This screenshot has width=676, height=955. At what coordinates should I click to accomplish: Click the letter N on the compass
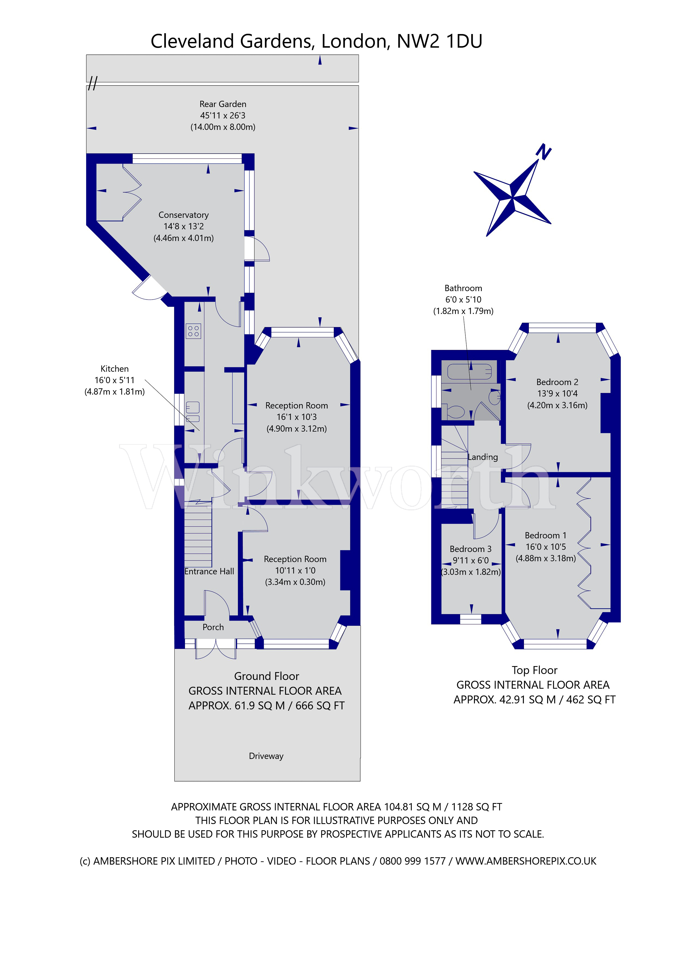pos(544,152)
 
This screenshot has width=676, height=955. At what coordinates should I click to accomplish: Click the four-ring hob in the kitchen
pos(193,331)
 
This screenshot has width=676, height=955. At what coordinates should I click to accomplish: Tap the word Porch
pos(213,627)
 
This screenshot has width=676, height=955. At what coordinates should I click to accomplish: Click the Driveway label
pos(266,756)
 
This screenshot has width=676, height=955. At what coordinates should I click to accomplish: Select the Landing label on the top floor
pos(483,457)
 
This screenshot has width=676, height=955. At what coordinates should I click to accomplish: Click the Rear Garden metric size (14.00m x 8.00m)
pos(223,127)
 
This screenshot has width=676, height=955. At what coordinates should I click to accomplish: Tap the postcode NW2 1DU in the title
pos(439,41)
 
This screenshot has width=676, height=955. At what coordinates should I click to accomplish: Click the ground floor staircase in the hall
pos(198,536)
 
